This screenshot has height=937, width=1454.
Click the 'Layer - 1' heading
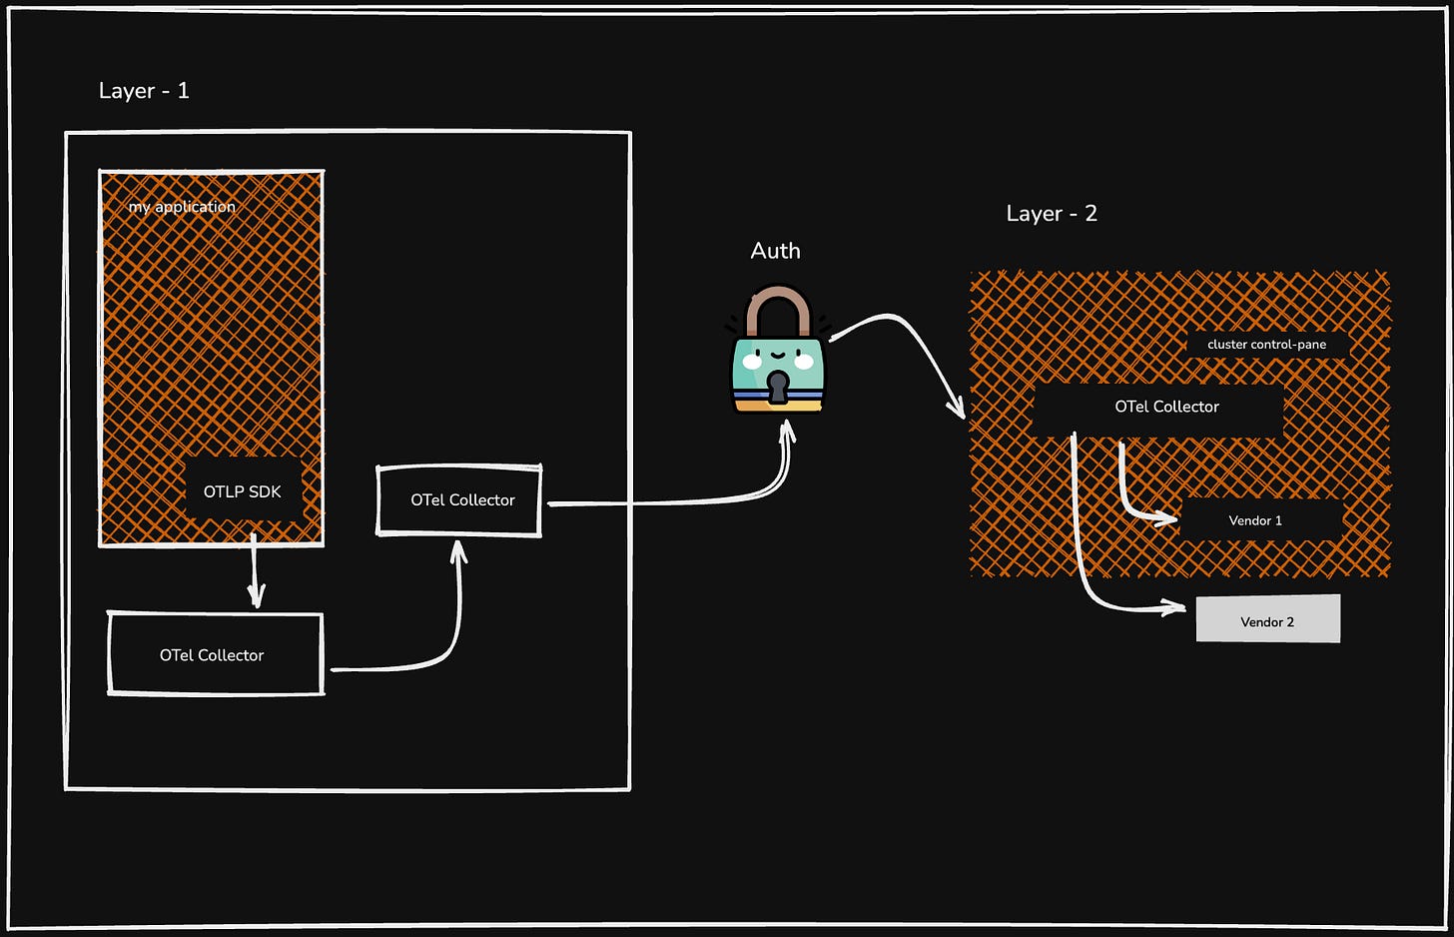coord(144,91)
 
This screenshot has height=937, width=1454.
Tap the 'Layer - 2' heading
coord(1051,214)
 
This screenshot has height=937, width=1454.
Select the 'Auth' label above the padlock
coord(775,251)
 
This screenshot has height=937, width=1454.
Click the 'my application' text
coord(182,207)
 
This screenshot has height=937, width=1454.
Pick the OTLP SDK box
coord(243,491)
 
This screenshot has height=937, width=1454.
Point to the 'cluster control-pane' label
coord(1266,345)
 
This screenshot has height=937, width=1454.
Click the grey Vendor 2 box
coord(1268,620)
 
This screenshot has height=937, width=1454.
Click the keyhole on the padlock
coord(777,385)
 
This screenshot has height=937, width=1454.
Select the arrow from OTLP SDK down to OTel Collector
coord(255,571)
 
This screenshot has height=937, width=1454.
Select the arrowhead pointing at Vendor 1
coord(1168,518)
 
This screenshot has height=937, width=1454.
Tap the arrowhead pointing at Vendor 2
coord(1176,607)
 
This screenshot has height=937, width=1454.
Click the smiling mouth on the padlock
coord(777,355)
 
